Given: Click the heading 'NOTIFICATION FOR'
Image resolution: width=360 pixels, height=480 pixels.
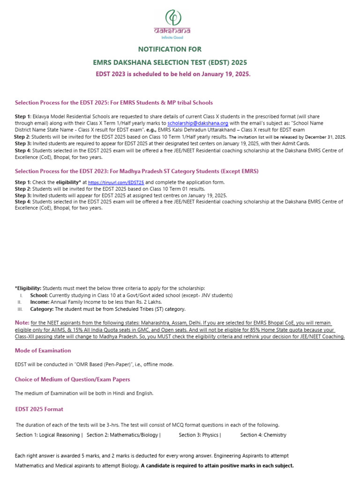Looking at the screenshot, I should tap(169, 49).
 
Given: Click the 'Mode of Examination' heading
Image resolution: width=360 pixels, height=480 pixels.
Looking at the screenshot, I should tap(43, 350).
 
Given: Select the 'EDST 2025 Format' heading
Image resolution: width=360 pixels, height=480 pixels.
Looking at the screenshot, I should tap(39, 409).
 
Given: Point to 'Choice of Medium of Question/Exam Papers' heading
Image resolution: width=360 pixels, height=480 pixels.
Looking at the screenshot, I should tap(73, 379).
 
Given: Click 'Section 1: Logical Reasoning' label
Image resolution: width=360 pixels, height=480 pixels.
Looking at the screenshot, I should tap(49, 435).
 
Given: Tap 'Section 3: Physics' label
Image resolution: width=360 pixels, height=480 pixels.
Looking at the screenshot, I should tap(200, 435).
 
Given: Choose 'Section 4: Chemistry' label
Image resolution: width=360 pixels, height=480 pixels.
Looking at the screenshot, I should tap(263, 435).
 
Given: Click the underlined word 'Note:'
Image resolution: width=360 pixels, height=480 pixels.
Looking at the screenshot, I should tap(22, 323).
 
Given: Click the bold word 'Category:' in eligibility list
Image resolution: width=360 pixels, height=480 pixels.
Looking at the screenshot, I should tap(42, 309).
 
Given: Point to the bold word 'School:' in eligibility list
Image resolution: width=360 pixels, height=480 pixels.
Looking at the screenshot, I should tap(39, 295).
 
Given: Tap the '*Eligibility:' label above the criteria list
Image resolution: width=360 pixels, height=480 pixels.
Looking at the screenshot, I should tap(29, 288).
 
